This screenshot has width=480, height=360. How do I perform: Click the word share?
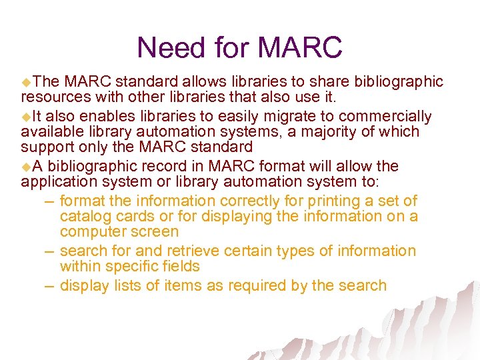[312, 81]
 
